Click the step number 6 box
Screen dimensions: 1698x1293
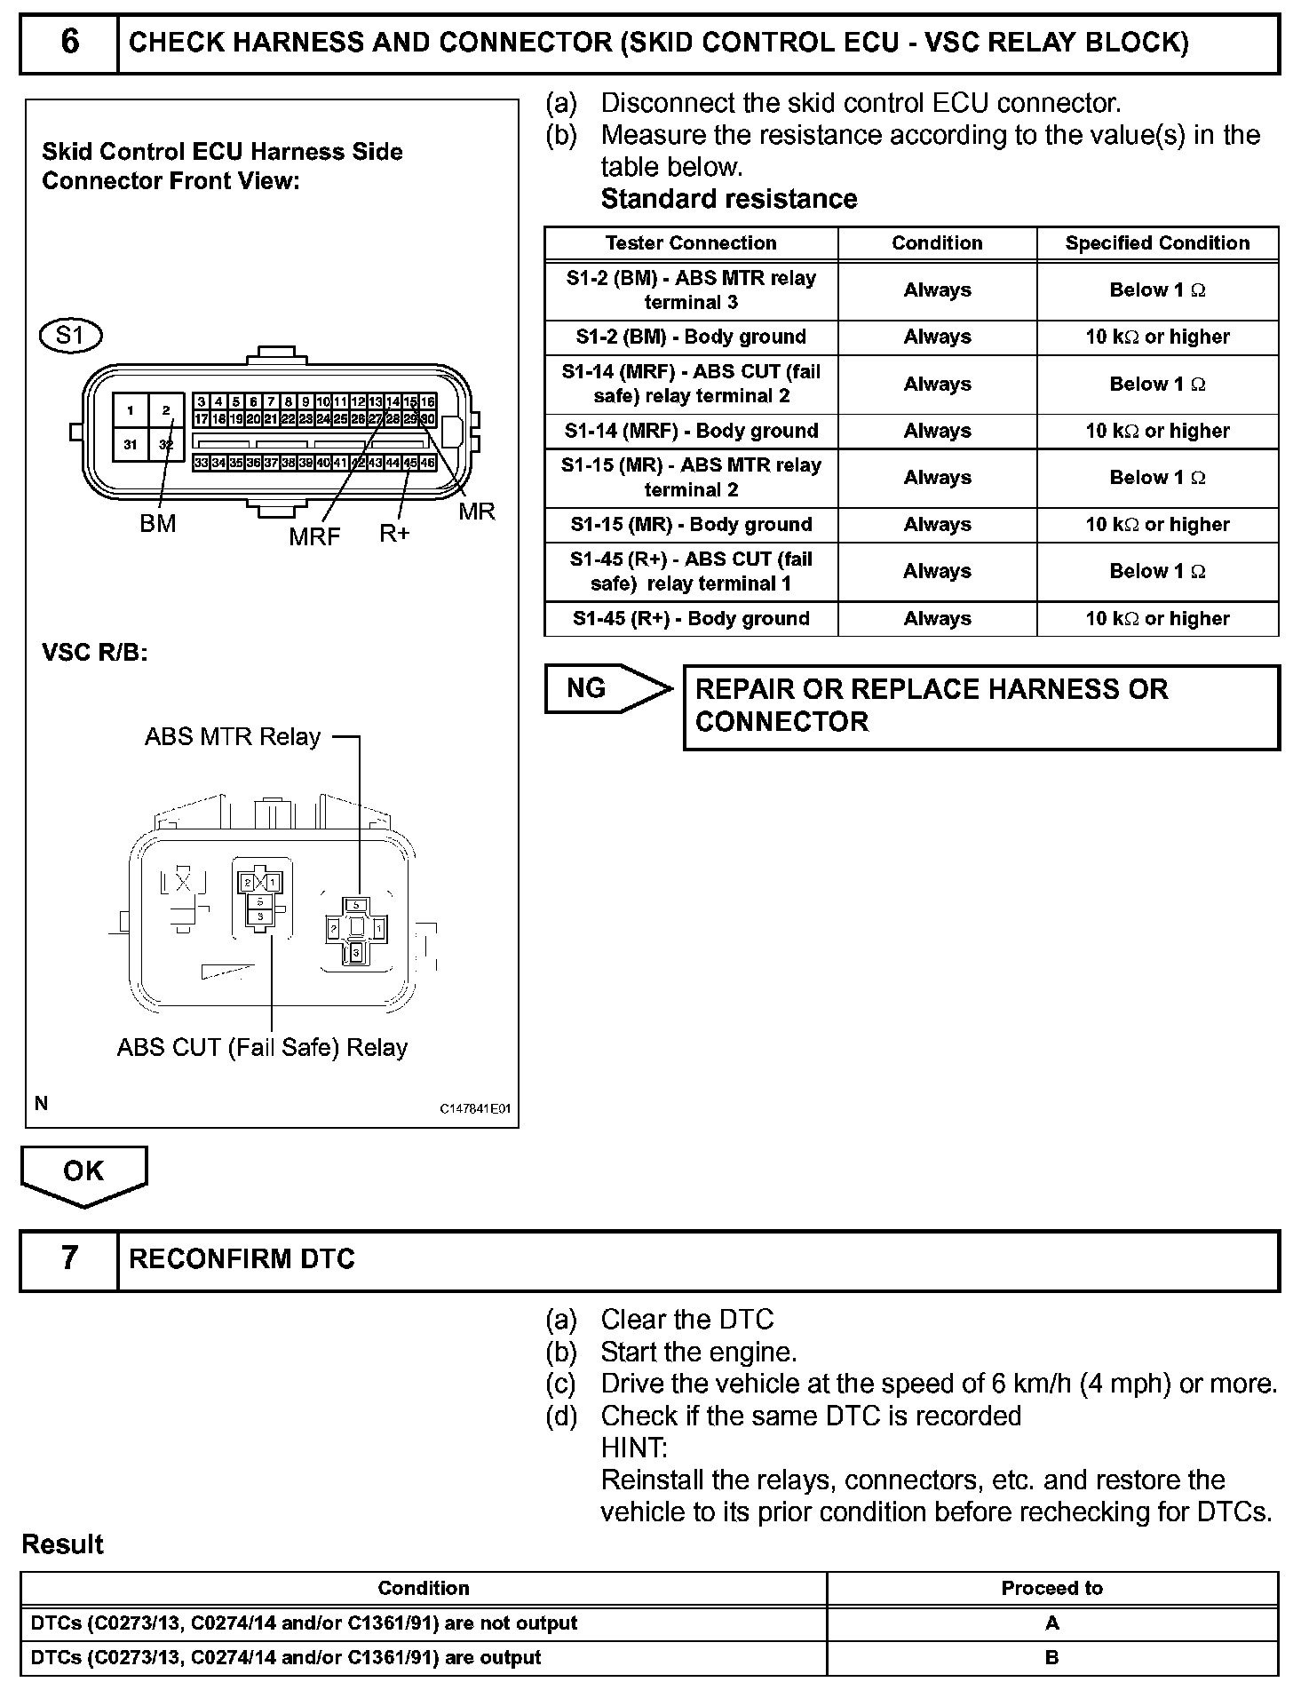(69, 43)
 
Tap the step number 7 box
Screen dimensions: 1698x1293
(69, 1258)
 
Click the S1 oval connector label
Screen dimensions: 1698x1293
(71, 336)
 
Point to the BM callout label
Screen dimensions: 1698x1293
(158, 524)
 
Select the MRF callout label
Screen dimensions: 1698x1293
(314, 536)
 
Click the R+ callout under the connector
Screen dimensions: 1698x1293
(394, 534)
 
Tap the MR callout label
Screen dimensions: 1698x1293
(477, 512)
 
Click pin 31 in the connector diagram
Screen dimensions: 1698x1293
(131, 444)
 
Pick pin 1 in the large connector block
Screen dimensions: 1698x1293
(131, 410)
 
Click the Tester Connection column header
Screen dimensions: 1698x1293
(691, 243)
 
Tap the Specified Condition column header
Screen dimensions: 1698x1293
(1157, 243)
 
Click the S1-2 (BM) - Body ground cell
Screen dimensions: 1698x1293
(691, 337)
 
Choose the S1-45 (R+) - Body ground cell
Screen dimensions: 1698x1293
(691, 619)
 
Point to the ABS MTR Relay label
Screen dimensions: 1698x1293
(233, 737)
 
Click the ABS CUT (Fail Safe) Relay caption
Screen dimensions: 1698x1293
(262, 1048)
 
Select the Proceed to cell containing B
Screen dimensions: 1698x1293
(1052, 1658)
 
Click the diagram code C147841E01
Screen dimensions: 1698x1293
(475, 1109)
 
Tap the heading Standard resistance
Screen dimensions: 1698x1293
(729, 199)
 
